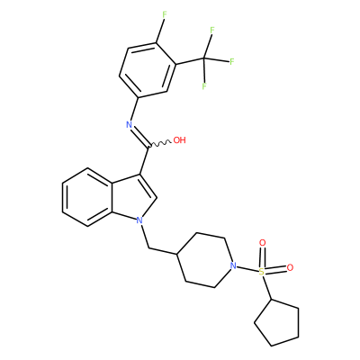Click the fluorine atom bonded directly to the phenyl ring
click(x=164, y=14)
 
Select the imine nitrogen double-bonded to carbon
click(x=130, y=125)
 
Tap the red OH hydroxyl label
click(x=180, y=140)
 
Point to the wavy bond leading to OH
click(x=159, y=144)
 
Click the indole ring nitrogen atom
click(x=139, y=220)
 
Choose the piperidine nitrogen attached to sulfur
click(x=233, y=265)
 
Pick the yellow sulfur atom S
click(x=262, y=272)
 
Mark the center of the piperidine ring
click(x=205, y=260)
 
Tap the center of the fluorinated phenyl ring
click(x=148, y=70)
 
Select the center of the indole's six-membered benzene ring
click(x=87, y=197)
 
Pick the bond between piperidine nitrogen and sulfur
click(x=247, y=269)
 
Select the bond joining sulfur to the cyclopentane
click(x=267, y=288)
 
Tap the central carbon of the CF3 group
click(x=204, y=58)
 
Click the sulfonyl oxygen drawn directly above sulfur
click(x=263, y=243)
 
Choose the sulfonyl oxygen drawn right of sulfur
click(x=290, y=267)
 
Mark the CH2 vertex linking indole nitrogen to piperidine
click(x=149, y=248)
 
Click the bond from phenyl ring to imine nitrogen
click(x=134, y=108)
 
